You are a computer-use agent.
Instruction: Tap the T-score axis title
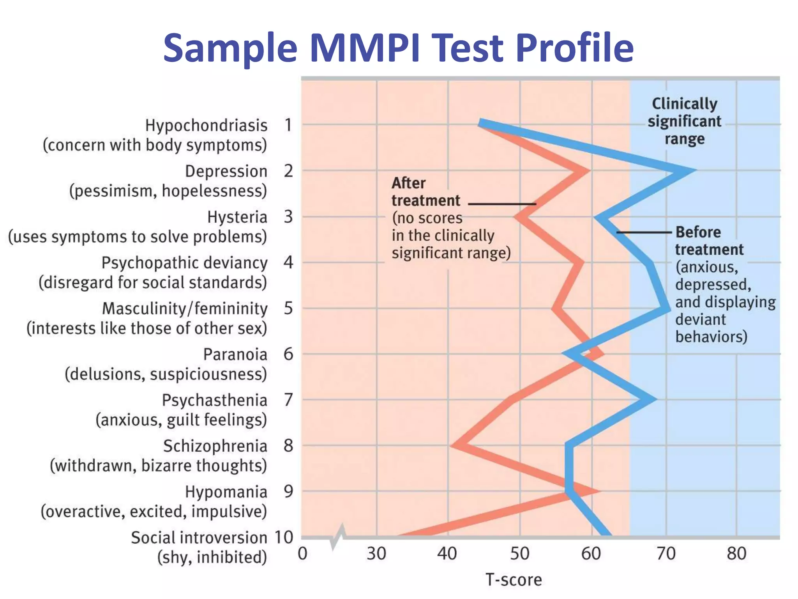513,580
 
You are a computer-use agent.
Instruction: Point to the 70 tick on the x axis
666,554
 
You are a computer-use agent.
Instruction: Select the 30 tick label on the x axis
376,554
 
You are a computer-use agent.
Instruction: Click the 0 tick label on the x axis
303,554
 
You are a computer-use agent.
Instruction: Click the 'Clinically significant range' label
684,121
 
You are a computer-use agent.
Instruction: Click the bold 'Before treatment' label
709,241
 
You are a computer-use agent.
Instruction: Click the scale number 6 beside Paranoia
288,354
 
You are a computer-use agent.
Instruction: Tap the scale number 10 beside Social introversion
284,537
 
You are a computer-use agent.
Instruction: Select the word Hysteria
237,217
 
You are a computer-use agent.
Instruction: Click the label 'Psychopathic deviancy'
184,263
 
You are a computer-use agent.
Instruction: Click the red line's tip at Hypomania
596,491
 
